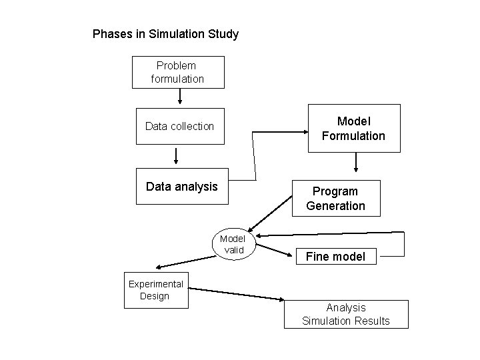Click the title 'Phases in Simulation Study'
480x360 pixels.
(x=165, y=33)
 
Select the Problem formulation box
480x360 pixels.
(x=178, y=72)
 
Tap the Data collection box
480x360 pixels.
(x=179, y=125)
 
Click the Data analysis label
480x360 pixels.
(x=181, y=187)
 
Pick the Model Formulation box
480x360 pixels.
(x=353, y=128)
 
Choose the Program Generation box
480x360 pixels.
(x=335, y=198)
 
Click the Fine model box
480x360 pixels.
(x=335, y=256)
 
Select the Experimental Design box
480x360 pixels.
(x=156, y=290)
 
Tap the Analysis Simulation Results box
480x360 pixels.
(x=345, y=314)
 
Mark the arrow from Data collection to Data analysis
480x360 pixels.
(x=176, y=155)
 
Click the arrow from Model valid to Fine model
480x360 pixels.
(x=273, y=249)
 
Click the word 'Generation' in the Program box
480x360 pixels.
(x=335, y=205)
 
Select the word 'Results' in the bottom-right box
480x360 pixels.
(x=373, y=321)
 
